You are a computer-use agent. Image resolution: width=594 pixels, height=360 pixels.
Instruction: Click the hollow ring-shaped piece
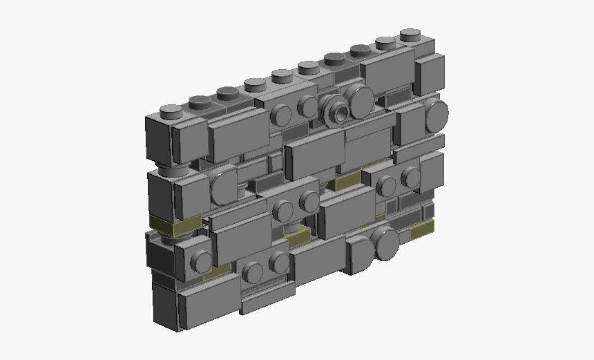[x=335, y=110]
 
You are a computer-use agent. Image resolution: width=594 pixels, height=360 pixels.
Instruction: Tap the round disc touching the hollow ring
[x=360, y=102]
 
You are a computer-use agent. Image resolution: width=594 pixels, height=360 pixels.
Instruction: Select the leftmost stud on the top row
[x=170, y=110]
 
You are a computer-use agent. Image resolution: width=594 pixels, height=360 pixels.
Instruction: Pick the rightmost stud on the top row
[x=410, y=34]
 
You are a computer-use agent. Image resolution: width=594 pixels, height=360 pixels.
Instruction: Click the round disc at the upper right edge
[x=437, y=115]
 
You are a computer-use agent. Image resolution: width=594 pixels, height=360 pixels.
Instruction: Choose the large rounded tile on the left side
[x=222, y=186]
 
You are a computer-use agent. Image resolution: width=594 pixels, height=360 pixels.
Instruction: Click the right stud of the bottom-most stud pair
[x=278, y=260]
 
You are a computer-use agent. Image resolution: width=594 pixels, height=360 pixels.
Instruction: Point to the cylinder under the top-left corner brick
[x=175, y=169]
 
